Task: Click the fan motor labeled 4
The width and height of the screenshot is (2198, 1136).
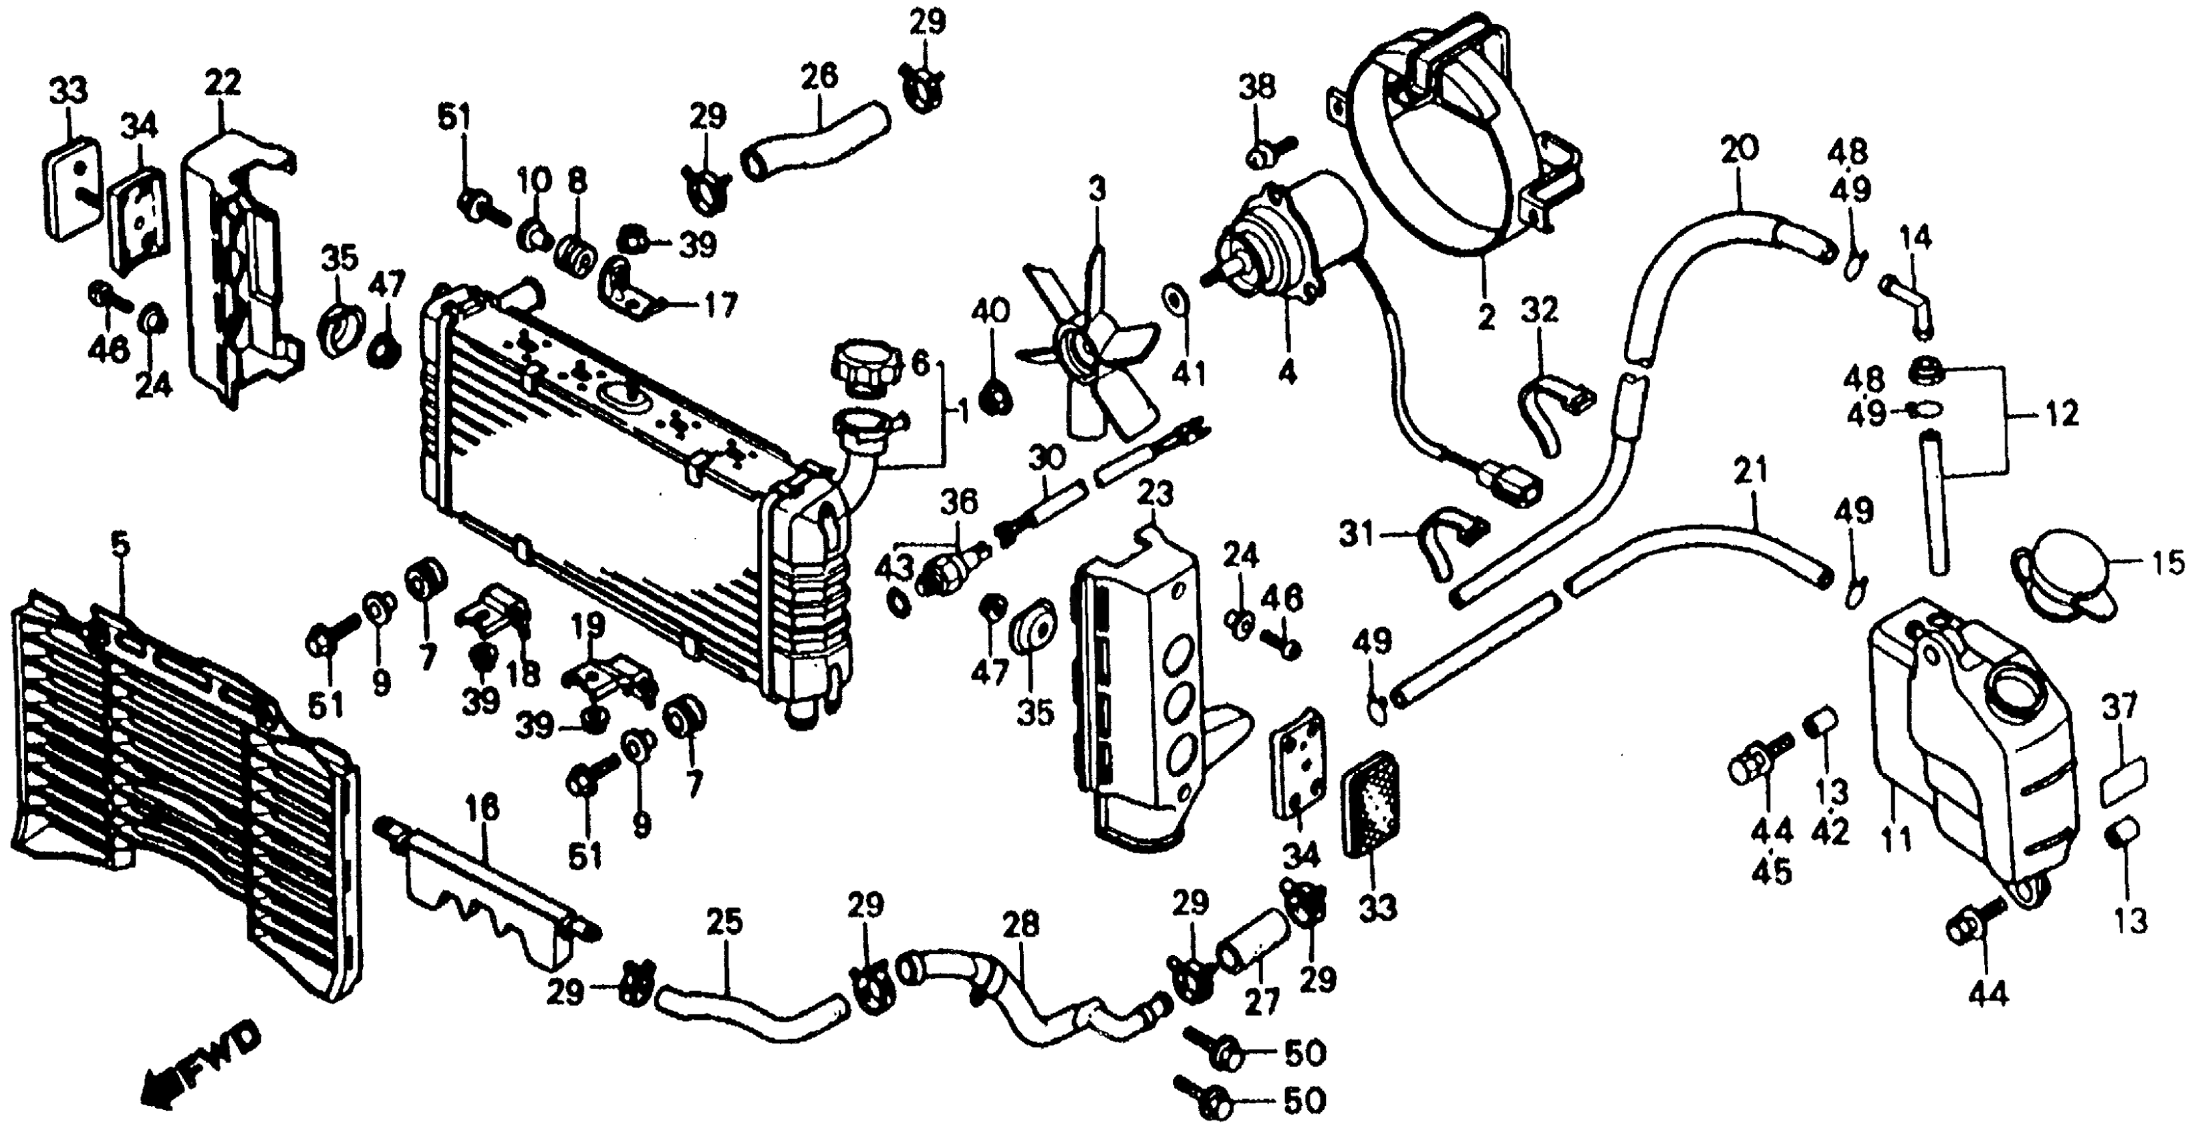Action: coord(1280,247)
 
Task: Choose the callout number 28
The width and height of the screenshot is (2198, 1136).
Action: coord(1021,924)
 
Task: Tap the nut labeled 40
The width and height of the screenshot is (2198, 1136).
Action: coord(993,395)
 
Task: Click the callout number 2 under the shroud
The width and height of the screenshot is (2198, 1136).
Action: coord(1486,317)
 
